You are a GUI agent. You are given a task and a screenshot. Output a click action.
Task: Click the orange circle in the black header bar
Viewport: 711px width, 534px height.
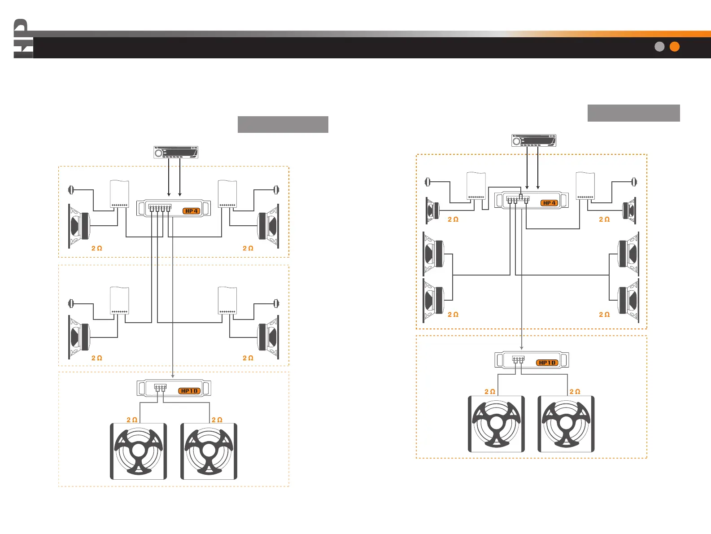coord(674,47)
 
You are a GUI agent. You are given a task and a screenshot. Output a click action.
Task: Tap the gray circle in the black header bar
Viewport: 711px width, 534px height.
coord(659,47)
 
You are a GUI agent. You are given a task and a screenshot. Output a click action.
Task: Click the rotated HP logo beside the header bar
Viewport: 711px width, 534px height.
coord(22,39)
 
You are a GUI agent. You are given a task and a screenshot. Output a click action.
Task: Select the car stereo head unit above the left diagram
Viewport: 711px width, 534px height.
coord(176,153)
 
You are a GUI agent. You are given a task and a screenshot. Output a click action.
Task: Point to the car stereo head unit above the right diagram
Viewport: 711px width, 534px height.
coord(534,141)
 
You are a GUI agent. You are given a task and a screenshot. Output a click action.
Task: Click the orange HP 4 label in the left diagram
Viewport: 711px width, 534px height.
coord(192,211)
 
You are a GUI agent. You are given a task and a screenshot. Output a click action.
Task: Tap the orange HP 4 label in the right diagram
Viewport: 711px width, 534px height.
coord(549,203)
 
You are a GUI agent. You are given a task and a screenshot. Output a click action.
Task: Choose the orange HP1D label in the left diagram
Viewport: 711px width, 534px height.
coord(190,391)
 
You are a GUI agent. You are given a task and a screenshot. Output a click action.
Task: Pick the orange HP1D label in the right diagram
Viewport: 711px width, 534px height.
coord(547,363)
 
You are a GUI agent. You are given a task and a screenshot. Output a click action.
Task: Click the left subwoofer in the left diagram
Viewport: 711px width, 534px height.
coord(139,451)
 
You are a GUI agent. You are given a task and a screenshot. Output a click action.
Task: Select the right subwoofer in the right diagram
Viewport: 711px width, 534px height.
coord(566,424)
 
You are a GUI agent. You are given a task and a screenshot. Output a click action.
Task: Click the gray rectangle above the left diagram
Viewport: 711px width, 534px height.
coord(283,124)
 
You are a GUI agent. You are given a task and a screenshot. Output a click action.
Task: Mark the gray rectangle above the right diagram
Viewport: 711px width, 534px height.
coord(633,113)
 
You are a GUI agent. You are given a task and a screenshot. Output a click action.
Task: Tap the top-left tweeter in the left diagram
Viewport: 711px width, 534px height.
coord(70,190)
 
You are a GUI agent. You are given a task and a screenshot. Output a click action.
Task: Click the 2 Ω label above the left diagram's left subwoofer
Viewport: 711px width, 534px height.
coord(132,420)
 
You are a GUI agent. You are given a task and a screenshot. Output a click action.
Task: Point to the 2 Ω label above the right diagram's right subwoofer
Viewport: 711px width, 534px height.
coord(575,392)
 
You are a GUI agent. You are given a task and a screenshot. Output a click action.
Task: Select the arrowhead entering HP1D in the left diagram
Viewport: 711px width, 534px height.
coord(173,376)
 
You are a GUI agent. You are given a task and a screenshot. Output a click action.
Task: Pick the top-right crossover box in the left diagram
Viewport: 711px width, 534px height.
coord(227,194)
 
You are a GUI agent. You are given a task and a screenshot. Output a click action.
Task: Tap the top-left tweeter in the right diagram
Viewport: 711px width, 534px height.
coord(427,182)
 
